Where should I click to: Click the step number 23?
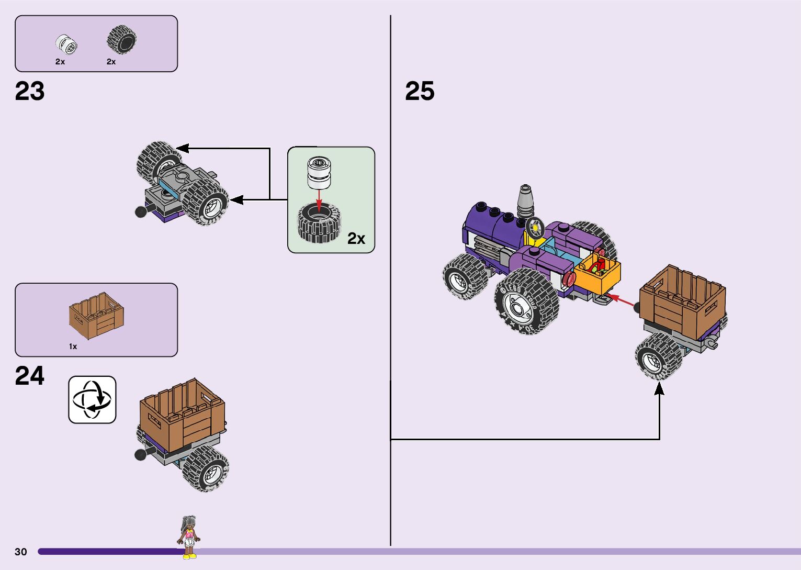click(x=30, y=91)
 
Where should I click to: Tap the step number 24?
click(x=30, y=376)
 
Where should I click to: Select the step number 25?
click(x=420, y=91)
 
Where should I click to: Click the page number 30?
click(x=21, y=552)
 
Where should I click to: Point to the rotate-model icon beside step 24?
click(x=92, y=400)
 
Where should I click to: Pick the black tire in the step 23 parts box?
click(x=122, y=40)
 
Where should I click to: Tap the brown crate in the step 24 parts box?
click(x=97, y=315)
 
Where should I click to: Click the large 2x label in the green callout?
click(x=356, y=239)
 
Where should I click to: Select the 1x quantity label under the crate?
click(x=73, y=347)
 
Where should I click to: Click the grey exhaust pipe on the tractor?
click(x=525, y=199)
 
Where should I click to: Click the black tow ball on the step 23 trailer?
click(x=141, y=211)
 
